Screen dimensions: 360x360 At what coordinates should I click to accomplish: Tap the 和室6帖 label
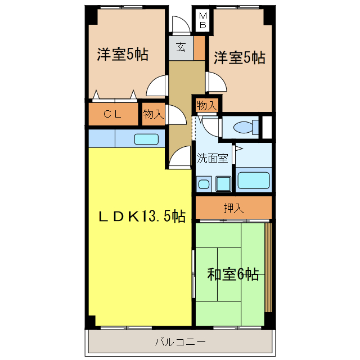233,274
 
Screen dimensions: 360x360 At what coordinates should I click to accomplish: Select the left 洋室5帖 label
123,55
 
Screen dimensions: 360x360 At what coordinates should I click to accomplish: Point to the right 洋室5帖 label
239,57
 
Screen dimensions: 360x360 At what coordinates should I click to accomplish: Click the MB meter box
203,21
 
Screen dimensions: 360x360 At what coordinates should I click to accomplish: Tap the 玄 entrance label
181,47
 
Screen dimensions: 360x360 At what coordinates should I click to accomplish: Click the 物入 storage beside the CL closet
152,114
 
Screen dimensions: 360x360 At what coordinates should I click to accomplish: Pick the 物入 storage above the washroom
206,105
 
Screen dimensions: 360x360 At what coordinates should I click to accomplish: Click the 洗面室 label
212,158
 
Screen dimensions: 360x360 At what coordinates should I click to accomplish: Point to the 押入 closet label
233,208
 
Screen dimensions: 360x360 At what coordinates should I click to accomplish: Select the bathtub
254,181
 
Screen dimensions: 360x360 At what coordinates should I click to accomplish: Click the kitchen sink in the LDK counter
146,138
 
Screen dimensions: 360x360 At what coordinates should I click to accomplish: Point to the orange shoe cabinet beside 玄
199,48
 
